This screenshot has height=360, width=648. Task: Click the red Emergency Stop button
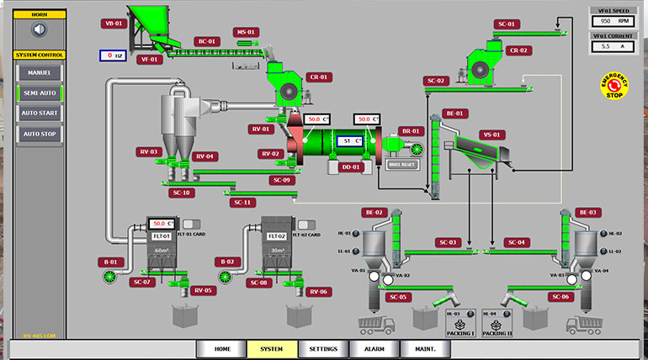pos(613,85)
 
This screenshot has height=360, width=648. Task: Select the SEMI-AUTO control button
pos(40,93)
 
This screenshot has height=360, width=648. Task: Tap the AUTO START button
pos(40,113)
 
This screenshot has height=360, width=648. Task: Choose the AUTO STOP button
pos(40,134)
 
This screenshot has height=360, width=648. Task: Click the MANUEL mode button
pos(40,73)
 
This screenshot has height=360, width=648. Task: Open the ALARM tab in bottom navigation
pos(374,349)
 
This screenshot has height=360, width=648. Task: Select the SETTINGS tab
pos(323,349)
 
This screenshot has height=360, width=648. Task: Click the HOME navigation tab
pos(222,349)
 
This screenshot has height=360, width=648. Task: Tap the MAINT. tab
pos(425,349)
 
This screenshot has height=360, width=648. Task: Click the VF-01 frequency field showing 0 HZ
pos(113,56)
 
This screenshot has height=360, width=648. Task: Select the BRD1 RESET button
pos(404,165)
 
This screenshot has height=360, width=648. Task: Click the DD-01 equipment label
pos(350,167)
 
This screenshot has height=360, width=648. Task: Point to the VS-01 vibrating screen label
pos(492,135)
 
